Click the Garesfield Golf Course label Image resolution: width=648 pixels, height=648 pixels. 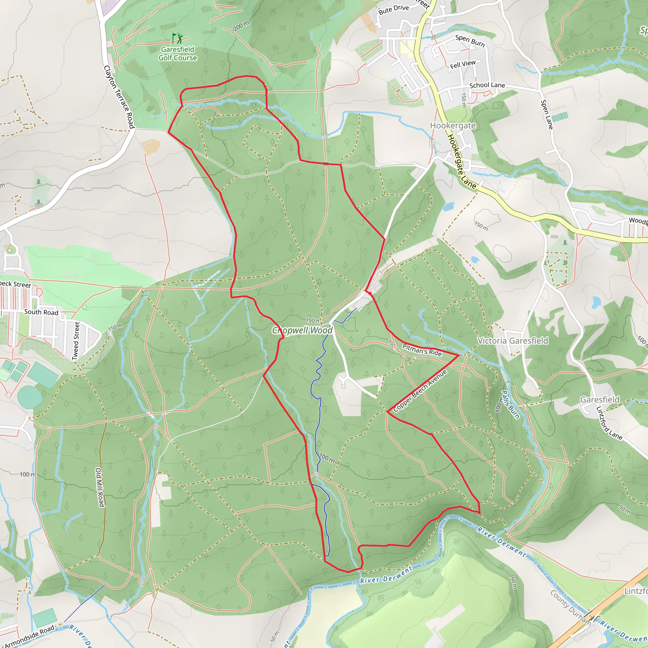(178, 54)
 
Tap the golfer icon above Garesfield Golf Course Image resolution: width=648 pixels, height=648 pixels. (178, 38)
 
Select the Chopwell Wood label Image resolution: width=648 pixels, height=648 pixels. (302, 330)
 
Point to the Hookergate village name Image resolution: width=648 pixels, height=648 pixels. (453, 126)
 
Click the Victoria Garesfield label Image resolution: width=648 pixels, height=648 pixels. (513, 341)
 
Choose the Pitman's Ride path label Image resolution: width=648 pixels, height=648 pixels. (422, 350)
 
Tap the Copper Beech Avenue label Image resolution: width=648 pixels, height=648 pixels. (420, 391)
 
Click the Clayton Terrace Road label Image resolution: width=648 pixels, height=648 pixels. (119, 97)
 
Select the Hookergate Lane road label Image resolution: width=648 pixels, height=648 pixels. (462, 161)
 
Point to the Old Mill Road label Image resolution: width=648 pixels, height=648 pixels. (100, 487)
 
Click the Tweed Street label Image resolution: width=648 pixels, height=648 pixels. (77, 341)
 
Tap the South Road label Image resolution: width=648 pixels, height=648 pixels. (41, 312)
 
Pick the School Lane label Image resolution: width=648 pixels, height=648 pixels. (487, 85)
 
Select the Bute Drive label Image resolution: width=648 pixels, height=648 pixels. (393, 10)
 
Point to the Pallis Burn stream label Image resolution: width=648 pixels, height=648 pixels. (510, 404)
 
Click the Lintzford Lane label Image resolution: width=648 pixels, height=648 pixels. (609, 423)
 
